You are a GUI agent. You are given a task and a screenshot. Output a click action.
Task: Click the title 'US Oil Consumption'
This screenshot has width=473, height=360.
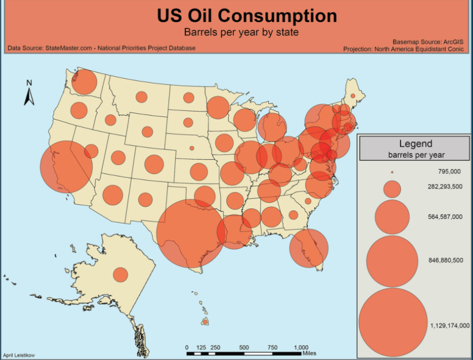[246, 15]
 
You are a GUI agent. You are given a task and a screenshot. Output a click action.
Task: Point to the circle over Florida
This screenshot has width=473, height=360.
[308, 249]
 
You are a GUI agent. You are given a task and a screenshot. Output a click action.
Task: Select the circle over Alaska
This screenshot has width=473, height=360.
[121, 275]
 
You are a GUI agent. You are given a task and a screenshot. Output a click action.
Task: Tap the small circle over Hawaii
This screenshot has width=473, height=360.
[206, 322]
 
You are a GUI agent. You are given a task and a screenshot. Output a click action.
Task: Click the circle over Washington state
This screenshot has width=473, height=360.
[85, 82]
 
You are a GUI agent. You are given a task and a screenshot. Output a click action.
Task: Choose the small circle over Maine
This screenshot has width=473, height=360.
[353, 96]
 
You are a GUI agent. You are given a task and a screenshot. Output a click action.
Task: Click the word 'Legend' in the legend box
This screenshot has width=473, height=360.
[415, 144]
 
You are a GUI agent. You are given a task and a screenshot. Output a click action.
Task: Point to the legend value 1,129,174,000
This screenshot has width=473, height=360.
[449, 325]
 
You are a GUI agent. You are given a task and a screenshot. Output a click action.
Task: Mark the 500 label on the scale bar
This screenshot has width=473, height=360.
[244, 347]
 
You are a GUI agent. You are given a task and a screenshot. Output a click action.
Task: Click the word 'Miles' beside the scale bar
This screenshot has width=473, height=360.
[309, 353]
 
